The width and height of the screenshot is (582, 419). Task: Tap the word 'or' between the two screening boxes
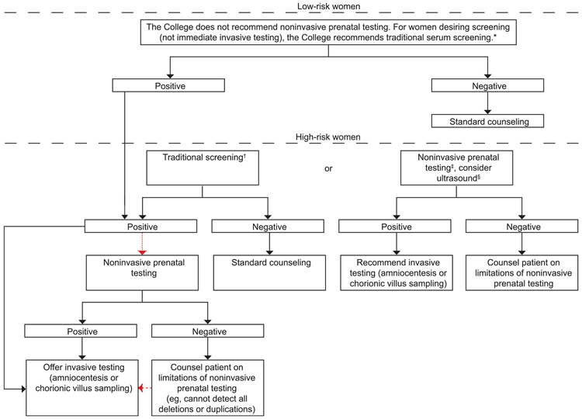click(x=328, y=168)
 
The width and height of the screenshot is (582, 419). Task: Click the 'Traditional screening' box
click(x=203, y=168)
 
